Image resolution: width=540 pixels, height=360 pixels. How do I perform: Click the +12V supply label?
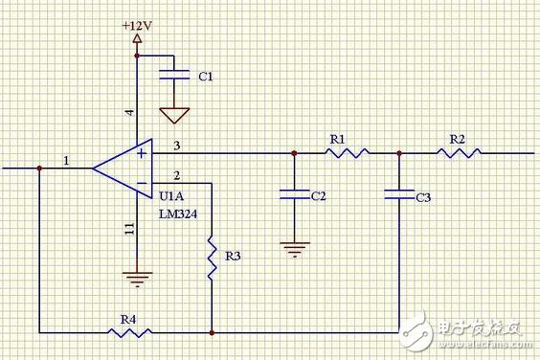[x=137, y=26]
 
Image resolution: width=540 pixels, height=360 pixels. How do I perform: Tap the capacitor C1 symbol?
[x=174, y=75]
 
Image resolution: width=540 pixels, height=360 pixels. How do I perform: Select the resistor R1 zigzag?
[x=347, y=153]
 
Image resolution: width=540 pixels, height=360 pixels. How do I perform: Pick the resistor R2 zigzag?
[x=459, y=153]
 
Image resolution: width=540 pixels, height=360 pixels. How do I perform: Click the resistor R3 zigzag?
[x=212, y=258]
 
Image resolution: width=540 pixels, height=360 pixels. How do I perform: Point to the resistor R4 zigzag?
[x=129, y=333]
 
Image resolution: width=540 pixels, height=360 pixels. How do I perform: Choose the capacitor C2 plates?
[x=295, y=194]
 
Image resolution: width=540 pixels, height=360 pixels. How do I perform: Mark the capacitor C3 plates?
[x=399, y=194]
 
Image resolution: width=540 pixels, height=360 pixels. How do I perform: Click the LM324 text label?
[x=178, y=214]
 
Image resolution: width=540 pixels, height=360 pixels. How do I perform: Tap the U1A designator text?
[x=171, y=196]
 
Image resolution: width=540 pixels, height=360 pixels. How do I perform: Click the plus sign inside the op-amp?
[x=142, y=153]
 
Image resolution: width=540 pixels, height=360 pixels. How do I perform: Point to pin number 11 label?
[x=129, y=229]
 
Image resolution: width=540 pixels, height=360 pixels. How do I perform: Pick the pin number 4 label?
[x=129, y=112]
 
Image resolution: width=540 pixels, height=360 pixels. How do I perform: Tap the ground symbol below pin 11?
[x=138, y=280]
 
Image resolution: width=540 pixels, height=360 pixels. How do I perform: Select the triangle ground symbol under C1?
[x=174, y=116]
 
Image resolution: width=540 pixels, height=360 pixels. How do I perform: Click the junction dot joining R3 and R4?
[x=212, y=333]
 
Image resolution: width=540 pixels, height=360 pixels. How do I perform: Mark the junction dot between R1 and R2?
[x=399, y=153]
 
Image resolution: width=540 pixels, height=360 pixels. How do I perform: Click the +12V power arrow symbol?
[x=137, y=38]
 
